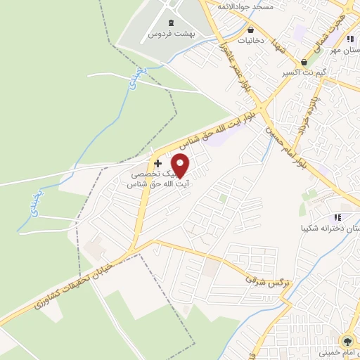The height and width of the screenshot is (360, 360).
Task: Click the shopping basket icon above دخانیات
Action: pyautogui.click(x=251, y=30)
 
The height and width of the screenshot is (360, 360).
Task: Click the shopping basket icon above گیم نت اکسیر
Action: pyautogui.click(x=304, y=62)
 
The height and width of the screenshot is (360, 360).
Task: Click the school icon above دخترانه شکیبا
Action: pyautogui.click(x=337, y=217)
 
